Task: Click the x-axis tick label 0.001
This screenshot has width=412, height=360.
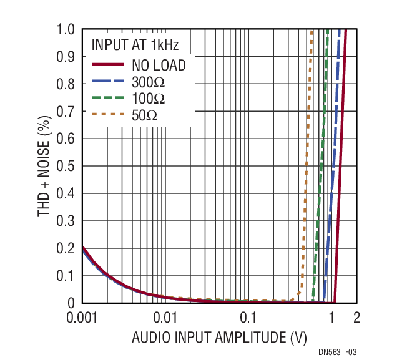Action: [x=82, y=317]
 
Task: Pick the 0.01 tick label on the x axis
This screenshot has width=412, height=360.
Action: [x=165, y=317]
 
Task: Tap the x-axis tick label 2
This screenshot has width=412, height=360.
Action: [x=356, y=317]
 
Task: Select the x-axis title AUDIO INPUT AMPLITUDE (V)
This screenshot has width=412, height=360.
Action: [x=219, y=338]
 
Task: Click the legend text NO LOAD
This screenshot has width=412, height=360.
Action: [x=159, y=65]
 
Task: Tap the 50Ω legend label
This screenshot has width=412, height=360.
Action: [x=144, y=115]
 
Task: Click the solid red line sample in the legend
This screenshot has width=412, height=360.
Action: [x=108, y=65]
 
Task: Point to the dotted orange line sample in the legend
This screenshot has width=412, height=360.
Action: [x=108, y=115]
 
